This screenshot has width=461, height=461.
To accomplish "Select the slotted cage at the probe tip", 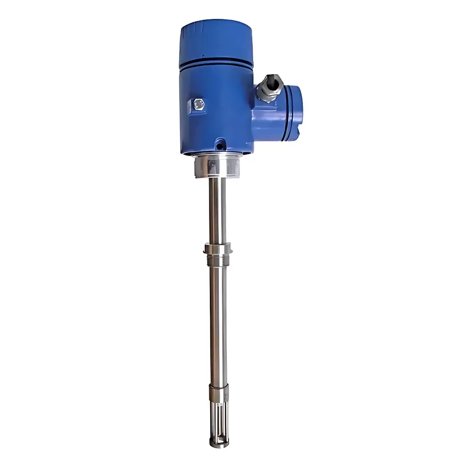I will [218, 420].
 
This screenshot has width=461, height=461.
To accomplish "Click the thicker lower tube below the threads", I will [218, 323].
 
